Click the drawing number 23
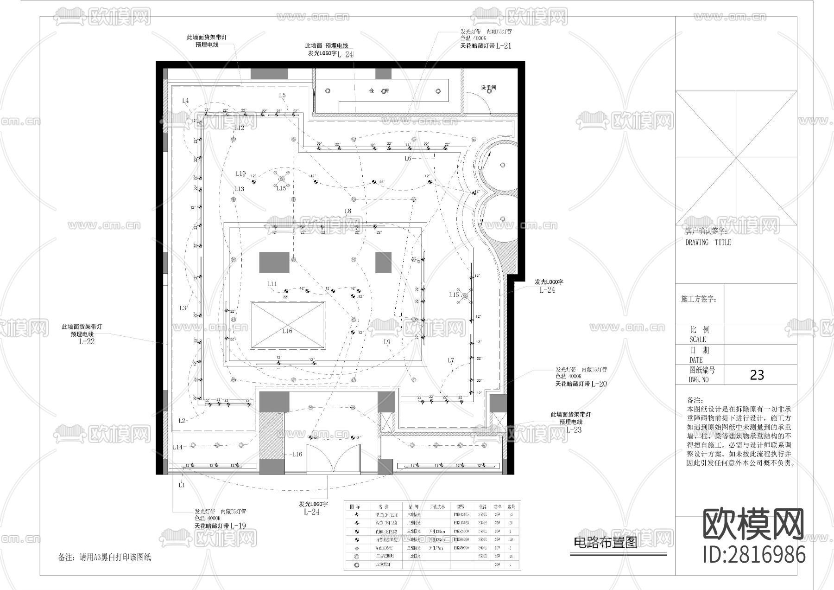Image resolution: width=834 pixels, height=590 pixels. [x=757, y=375]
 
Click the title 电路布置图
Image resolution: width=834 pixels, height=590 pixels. [x=605, y=542]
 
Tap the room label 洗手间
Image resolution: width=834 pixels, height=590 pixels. [x=488, y=87]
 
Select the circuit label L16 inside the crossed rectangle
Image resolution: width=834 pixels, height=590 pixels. [x=287, y=331]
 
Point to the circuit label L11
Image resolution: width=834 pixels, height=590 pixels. [x=272, y=284]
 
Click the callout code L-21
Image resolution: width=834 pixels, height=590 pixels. [x=504, y=46]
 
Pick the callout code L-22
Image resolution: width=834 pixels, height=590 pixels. [x=87, y=341]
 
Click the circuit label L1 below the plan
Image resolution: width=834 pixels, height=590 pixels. [x=182, y=485]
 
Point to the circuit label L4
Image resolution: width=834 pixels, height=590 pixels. [x=185, y=101]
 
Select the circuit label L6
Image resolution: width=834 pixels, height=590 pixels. [x=408, y=159]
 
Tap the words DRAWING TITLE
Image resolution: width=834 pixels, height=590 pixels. [x=708, y=243]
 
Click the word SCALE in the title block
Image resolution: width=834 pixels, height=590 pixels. [x=697, y=340]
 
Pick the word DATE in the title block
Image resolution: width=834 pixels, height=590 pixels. [x=696, y=360]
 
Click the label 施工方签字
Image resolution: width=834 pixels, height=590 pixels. [x=699, y=299]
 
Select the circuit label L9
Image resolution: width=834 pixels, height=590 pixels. [x=387, y=342]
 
